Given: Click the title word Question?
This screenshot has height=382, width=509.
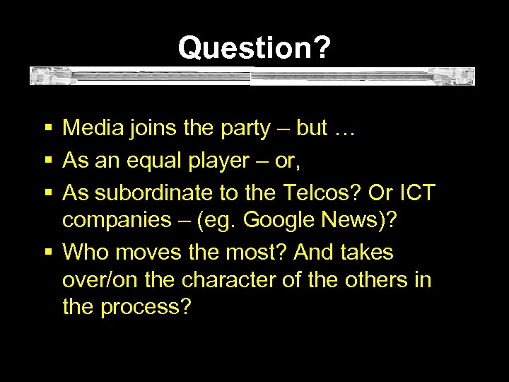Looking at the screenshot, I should click(x=254, y=48).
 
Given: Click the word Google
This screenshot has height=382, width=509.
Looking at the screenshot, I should click(x=274, y=221).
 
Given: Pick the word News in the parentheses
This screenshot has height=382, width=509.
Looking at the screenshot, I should click(x=348, y=220).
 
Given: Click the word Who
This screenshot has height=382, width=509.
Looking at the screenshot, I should click(x=81, y=252).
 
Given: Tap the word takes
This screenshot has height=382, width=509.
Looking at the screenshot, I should click(x=368, y=252).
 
